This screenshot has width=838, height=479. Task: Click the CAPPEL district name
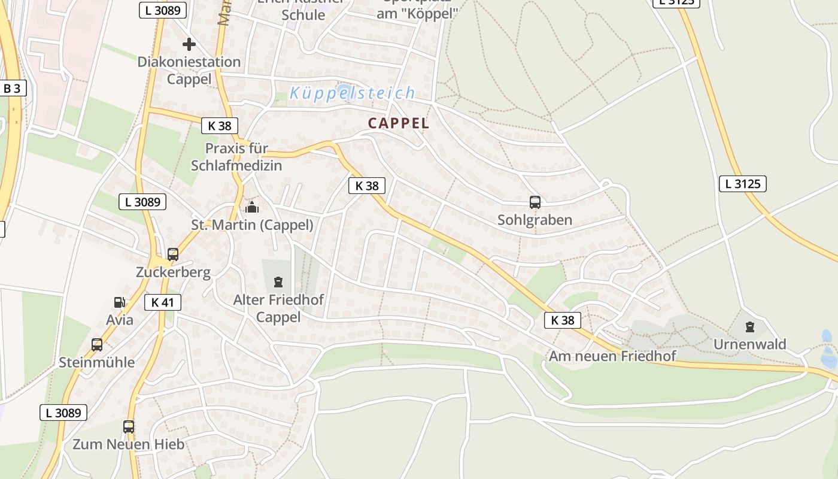coord(399,123)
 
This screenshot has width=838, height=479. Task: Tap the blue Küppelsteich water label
coord(352,93)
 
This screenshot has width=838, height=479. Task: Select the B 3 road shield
coord(12,89)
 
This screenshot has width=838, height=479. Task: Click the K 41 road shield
coord(162,302)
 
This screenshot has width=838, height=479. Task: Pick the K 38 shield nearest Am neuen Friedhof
coord(563,320)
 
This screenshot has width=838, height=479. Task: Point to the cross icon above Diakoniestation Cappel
coord(189,44)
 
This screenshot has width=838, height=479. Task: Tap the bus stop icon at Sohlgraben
coord(535,202)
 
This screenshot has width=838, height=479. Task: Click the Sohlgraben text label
coord(535,220)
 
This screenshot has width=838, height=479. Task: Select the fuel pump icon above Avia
coord(120,303)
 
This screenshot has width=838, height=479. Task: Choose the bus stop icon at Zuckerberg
coord(173,254)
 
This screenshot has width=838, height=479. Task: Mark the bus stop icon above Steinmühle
coord(97,345)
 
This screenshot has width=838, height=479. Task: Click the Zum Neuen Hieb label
coord(128,444)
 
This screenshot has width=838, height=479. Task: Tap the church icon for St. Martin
coord(252,207)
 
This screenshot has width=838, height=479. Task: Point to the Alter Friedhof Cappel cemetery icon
coord(278,281)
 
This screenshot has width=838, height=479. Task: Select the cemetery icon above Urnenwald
coord(749,327)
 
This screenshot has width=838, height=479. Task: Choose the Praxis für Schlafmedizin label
coord(236,157)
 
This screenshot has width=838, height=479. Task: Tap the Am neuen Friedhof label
coord(612,356)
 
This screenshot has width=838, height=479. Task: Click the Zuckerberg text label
coord(173,272)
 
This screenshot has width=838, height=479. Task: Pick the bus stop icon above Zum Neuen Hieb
coord(129,427)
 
